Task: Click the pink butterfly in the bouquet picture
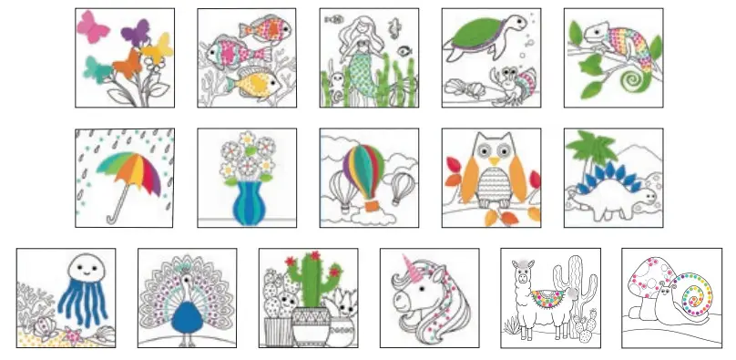point(92,26)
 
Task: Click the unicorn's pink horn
point(403,265)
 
